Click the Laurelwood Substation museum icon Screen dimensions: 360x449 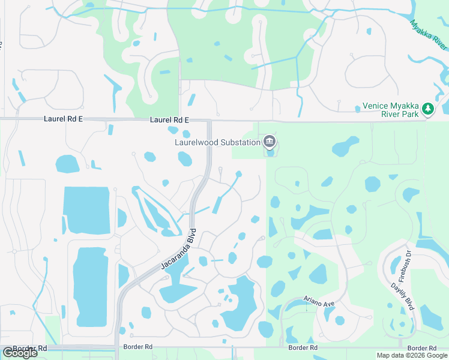pos(270,142)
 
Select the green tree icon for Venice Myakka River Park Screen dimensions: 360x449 pos(427,109)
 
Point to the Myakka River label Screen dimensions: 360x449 pos(429,35)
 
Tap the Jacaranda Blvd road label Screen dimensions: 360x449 pos(179,250)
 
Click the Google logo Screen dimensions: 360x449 pos(20,353)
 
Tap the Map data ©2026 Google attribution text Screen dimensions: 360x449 pos(411,355)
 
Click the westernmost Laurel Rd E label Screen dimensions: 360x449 pos(63,119)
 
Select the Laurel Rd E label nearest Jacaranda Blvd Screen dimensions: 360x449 pos(169,120)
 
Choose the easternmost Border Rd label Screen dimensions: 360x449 pos(421,349)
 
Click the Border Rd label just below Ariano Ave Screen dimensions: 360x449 pos(303,347)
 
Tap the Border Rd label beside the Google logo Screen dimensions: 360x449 pos(30,348)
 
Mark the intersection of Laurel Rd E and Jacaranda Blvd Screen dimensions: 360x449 pos(209,121)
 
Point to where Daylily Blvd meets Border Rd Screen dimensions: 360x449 pos(400,346)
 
